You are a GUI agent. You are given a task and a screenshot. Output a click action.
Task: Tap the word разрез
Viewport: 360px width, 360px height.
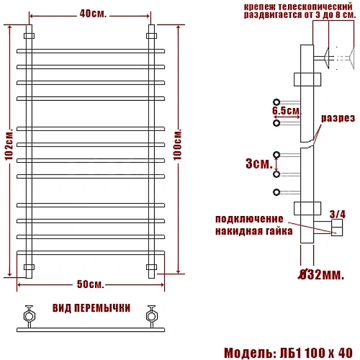336,118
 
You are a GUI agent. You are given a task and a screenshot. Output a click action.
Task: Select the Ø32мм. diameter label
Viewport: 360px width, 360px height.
319,274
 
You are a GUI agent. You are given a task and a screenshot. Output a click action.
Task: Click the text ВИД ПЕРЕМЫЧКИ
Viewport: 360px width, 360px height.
91,307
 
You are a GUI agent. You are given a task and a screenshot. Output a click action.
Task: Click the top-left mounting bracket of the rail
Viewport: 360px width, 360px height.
29,35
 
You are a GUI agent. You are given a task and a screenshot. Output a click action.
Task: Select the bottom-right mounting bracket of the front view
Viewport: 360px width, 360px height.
151,267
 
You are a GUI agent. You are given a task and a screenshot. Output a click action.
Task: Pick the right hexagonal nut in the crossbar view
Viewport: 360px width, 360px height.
152,314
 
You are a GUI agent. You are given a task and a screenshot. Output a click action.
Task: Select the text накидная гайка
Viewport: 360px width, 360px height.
253,231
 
